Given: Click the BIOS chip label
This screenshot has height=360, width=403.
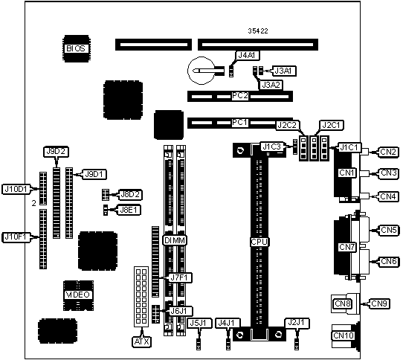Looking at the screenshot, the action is [x=76, y=48].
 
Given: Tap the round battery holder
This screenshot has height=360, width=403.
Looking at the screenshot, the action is [x=201, y=71].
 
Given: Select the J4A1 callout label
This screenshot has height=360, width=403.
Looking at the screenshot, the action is [x=247, y=55].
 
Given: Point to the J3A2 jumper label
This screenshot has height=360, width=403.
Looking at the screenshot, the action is [x=271, y=85].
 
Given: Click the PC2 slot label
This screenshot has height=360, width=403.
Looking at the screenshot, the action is [x=240, y=96].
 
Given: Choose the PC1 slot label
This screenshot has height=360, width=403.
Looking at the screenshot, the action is [x=239, y=123].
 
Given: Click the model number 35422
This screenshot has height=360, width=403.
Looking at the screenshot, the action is [x=258, y=31].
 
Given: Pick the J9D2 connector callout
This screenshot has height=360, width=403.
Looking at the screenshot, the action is [x=56, y=152].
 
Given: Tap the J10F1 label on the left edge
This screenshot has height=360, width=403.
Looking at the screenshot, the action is [x=16, y=237].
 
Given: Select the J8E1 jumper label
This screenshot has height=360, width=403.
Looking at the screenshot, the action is [x=129, y=210].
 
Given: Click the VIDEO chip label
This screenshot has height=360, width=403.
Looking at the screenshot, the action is [x=77, y=295].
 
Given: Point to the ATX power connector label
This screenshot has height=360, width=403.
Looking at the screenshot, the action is [x=141, y=341].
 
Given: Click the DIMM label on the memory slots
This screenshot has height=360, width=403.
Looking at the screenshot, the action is [x=175, y=241].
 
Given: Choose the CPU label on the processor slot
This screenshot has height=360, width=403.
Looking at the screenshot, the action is [x=259, y=242].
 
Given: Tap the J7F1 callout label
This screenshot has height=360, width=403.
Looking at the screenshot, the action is [x=181, y=277].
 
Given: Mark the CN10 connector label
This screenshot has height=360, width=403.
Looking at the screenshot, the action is [x=344, y=335].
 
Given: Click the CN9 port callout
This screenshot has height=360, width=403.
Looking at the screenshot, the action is [x=379, y=303].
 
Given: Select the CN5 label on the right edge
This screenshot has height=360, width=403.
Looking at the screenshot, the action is [x=389, y=230].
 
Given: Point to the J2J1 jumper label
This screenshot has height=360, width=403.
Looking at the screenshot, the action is [x=297, y=323].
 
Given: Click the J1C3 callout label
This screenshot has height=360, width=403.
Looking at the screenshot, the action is [x=271, y=147].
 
